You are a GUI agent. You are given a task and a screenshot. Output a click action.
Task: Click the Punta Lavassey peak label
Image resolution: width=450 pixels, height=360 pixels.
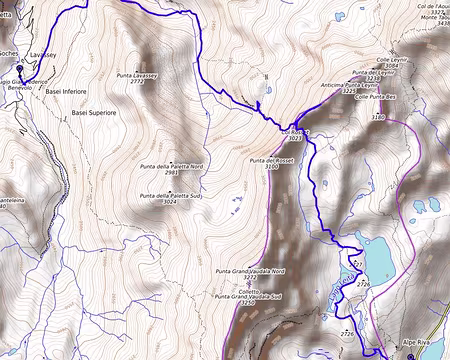[x=139, y=74]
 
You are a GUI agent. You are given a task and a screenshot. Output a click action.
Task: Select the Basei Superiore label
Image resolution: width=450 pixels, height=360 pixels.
[x=95, y=115]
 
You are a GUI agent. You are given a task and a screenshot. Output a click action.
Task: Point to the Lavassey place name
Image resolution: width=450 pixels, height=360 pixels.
[x=45, y=54]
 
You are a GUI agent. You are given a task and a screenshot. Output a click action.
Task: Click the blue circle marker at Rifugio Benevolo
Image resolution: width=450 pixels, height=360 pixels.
[x=17, y=70]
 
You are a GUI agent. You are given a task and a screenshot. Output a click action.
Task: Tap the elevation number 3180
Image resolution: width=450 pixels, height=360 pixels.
[x=377, y=118]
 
